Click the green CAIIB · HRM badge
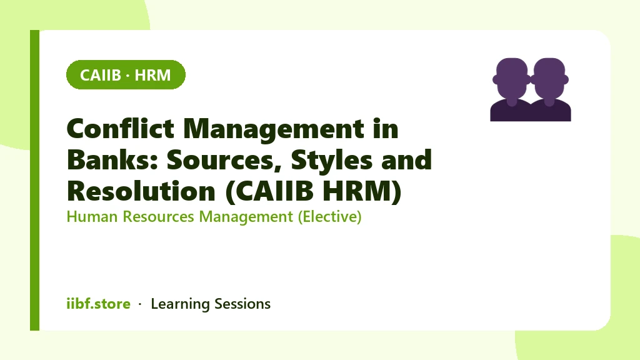click(126, 75)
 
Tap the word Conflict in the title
click(121, 129)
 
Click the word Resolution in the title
click(141, 191)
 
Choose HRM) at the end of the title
click(362, 191)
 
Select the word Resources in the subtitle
click(158, 216)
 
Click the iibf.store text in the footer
click(99, 304)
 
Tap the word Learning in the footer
click(181, 304)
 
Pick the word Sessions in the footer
click(242, 304)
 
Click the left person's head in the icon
click(512, 78)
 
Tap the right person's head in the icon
click(549, 78)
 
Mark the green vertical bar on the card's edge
click(35, 180)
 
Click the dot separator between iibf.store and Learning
click(140, 304)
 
